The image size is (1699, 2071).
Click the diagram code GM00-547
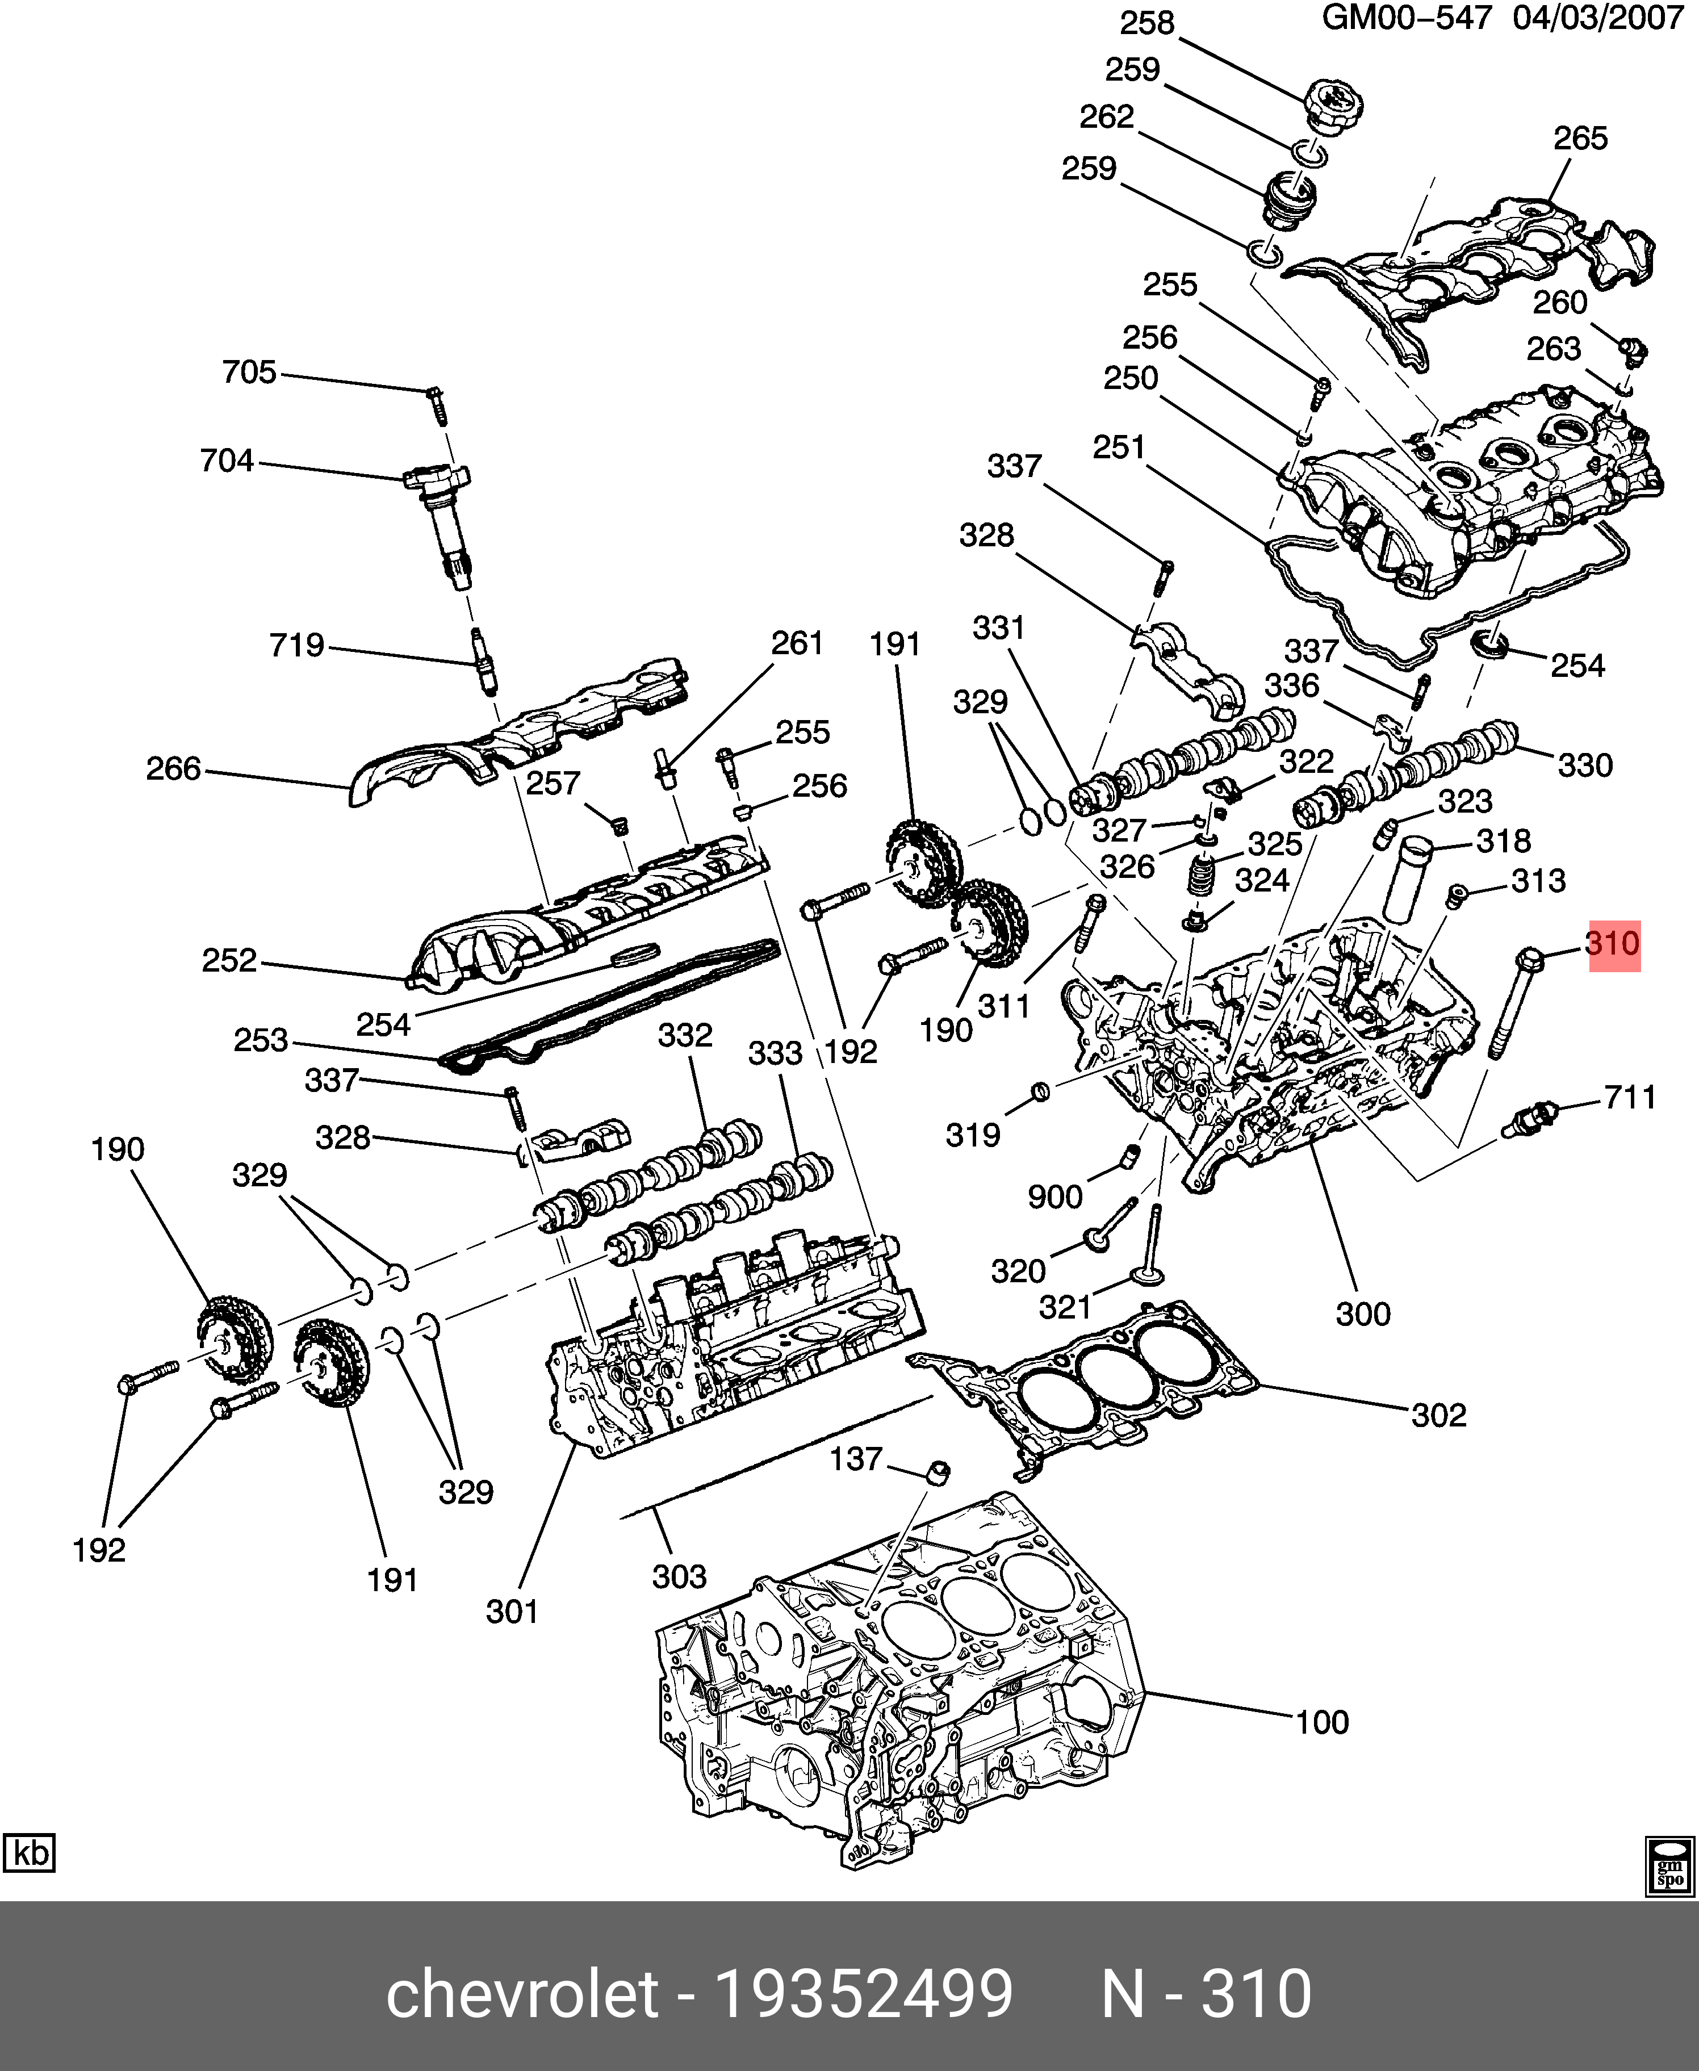(1407, 19)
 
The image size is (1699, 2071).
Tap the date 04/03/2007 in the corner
(1597, 19)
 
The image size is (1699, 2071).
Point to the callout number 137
(856, 1459)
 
